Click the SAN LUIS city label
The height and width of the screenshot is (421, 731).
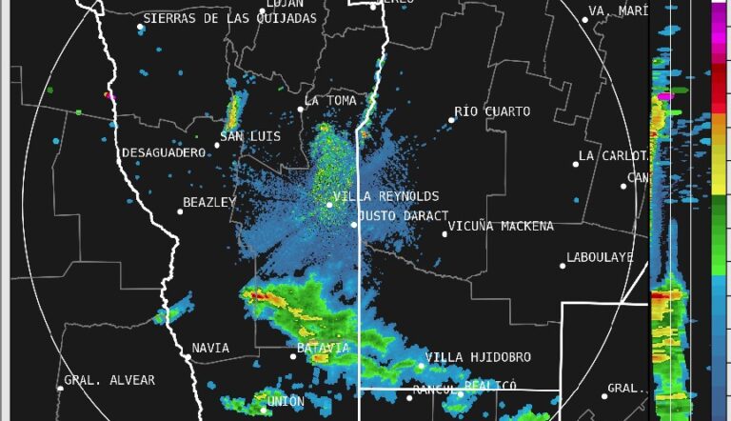[250, 137]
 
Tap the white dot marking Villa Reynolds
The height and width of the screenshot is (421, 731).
[329, 204]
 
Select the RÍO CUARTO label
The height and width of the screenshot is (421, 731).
[492, 111]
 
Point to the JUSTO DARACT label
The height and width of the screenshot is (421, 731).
[404, 216]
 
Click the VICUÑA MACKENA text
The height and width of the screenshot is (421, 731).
[501, 227]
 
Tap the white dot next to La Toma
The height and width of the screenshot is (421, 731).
[300, 109]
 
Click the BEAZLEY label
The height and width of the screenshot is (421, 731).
[209, 203]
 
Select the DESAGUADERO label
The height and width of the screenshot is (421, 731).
[164, 153]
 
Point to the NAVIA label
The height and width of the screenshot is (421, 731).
[210, 349]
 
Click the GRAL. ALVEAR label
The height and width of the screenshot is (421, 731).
[109, 381]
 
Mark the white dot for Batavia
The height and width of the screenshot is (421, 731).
[293, 356]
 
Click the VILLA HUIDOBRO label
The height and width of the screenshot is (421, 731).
[478, 358]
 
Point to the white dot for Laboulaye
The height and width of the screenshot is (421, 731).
[563, 266]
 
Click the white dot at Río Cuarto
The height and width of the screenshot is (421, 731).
[452, 120]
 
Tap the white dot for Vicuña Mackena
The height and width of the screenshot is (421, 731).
[445, 233]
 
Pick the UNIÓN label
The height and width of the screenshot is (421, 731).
[286, 402]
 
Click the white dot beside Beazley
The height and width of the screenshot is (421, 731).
[180, 210]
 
